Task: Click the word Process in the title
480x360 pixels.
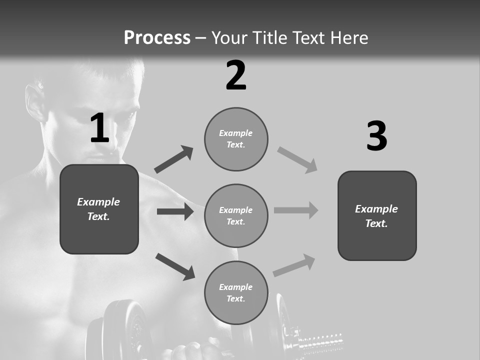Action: tap(157, 38)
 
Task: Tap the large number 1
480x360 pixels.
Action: tap(99, 128)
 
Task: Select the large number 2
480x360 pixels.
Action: tap(236, 75)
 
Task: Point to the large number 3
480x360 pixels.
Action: tap(376, 136)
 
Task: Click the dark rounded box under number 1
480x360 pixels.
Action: tap(99, 209)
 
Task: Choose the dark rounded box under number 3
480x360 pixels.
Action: tap(377, 215)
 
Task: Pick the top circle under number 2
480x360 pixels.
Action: tap(236, 139)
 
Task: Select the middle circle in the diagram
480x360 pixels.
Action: tap(236, 215)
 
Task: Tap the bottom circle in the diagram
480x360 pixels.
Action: tap(236, 292)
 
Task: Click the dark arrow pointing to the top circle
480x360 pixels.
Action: tap(174, 159)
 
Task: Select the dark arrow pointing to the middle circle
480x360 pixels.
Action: tap(175, 211)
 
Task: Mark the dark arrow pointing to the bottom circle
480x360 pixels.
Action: tap(175, 266)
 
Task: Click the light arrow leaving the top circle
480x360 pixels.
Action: tap(297, 160)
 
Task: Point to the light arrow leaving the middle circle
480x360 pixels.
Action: tap(296, 210)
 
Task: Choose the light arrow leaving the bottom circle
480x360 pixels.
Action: tap(294, 265)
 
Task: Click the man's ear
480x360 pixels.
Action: tap(35, 103)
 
